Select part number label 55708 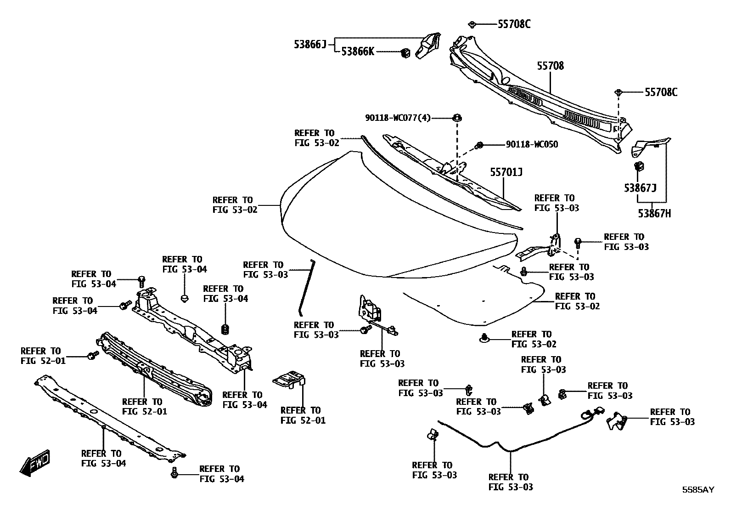550,66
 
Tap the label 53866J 309,44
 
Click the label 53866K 357,52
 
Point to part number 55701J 506,172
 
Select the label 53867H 654,214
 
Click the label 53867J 640,188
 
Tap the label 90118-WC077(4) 398,118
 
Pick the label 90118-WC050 532,145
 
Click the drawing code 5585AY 698,490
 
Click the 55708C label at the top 514,24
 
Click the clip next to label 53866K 405,53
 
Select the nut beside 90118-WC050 479,145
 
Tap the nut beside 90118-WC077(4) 457,117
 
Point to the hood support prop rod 306,287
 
